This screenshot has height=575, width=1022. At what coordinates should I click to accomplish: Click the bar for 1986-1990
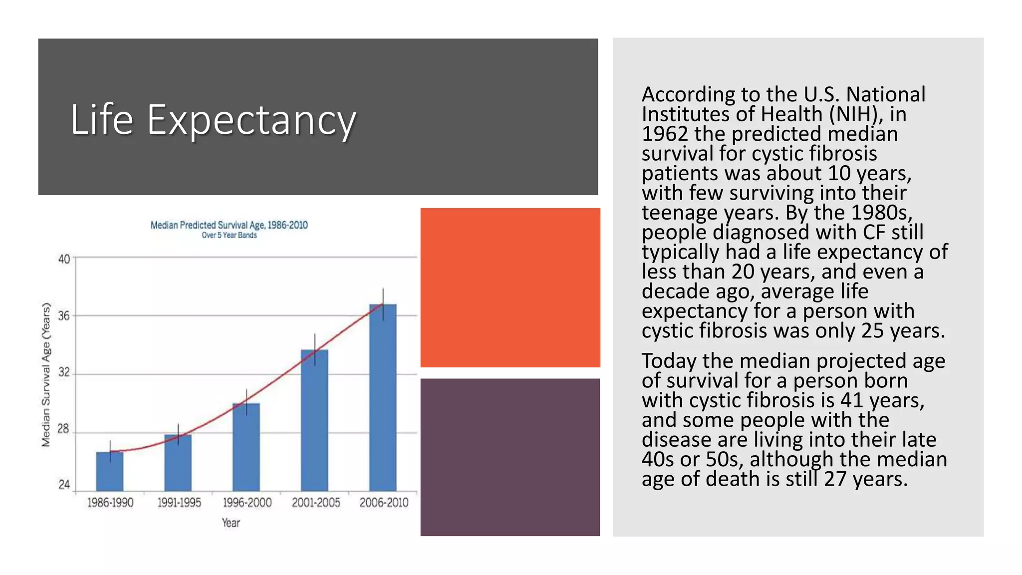[110, 471]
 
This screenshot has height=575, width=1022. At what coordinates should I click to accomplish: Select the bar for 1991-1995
[178, 463]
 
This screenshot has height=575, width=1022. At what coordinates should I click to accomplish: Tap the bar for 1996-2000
[246, 447]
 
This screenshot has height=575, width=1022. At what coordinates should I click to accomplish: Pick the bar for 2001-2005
[314, 420]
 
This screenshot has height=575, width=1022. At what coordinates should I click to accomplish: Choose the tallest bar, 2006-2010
[383, 397]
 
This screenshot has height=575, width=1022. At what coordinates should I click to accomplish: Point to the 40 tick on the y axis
[64, 259]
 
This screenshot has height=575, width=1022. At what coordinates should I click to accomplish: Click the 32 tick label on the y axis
[64, 372]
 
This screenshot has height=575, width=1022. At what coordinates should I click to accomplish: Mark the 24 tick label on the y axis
[64, 485]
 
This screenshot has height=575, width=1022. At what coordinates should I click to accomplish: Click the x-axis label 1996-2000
[247, 503]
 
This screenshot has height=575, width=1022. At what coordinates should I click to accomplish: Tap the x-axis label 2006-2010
[384, 503]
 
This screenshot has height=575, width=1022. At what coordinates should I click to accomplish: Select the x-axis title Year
[231, 523]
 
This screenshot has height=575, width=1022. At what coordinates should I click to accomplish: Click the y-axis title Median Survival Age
[46, 374]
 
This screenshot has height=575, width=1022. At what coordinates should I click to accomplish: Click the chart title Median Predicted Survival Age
[229, 225]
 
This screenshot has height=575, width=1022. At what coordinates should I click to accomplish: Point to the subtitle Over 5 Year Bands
[229, 235]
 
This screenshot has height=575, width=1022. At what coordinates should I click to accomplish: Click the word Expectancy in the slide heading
[251, 120]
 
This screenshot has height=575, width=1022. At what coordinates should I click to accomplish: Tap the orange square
[510, 287]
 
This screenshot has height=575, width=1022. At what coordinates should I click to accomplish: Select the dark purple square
[510, 457]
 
